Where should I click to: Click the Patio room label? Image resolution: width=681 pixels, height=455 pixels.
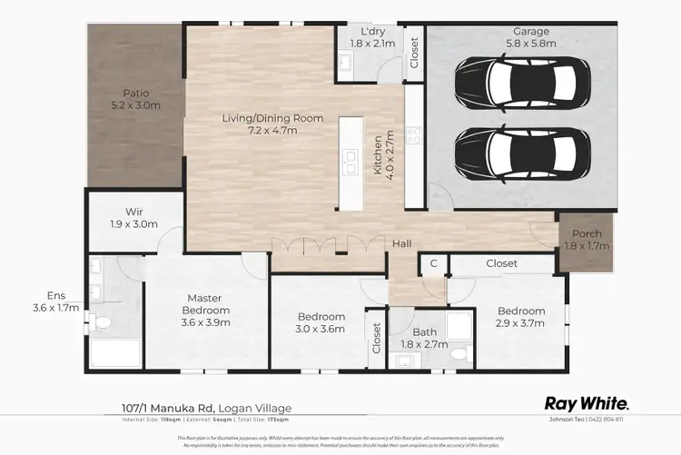[x=135, y=99]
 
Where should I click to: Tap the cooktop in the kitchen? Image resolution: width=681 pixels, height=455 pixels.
[x=413, y=135]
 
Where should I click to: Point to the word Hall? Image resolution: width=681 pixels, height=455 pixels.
[x=402, y=244]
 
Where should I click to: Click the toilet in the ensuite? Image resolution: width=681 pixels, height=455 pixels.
[x=102, y=321]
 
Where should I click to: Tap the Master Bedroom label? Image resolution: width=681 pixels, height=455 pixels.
[x=205, y=304]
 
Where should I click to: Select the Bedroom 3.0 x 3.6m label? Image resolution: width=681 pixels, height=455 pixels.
[x=321, y=323]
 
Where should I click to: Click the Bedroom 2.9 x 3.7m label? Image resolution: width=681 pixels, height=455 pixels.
[x=520, y=317]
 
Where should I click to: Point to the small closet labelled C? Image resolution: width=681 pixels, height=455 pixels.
[x=434, y=263]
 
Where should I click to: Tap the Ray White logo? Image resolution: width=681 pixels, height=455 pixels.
[x=586, y=403]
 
